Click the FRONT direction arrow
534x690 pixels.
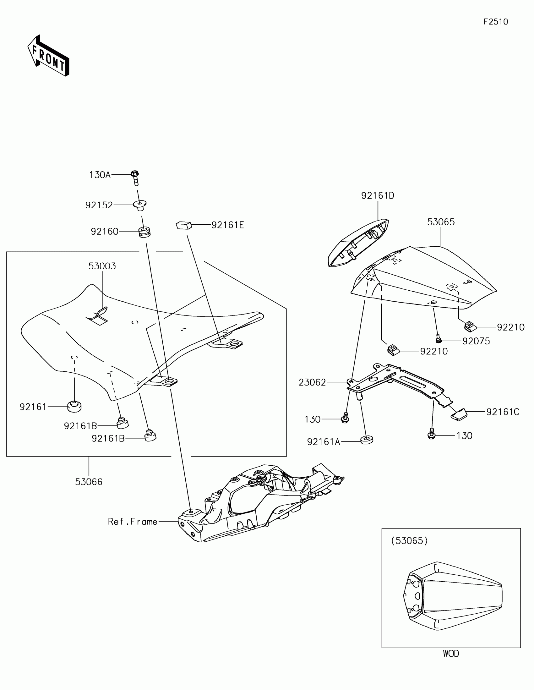pos(48,56)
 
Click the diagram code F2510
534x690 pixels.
pos(495,22)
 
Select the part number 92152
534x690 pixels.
pos(99,205)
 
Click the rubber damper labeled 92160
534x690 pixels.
pos(144,232)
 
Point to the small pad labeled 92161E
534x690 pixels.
pos(184,225)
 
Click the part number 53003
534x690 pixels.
pos(102,266)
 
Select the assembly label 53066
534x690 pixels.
pos(89,482)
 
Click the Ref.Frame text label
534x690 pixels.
pos(133,522)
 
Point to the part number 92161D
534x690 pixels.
pos(378,196)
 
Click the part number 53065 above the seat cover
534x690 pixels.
pos(441,222)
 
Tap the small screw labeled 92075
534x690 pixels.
pos(438,339)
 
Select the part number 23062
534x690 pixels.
pos(312,383)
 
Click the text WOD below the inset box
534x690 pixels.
pos(451,653)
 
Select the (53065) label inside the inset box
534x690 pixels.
pos(409,540)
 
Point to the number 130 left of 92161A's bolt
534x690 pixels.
pos(312,419)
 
